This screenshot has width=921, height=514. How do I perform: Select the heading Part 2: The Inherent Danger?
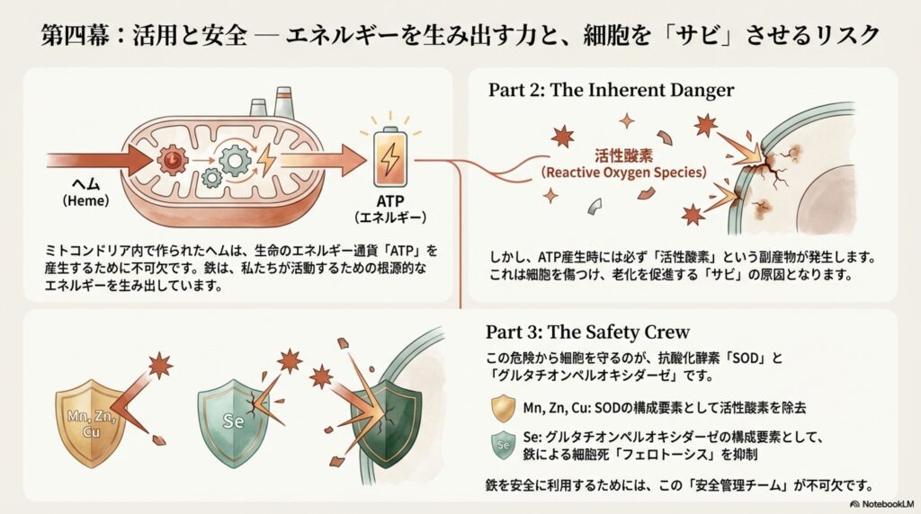611,90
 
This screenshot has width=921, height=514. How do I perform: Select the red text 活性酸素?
619,155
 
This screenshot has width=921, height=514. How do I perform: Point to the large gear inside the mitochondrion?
235,162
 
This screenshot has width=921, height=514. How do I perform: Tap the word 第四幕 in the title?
74,36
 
